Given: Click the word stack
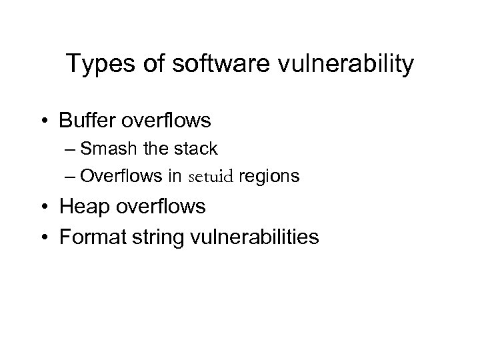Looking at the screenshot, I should (196, 148).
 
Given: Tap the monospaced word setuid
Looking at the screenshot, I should (211, 177).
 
